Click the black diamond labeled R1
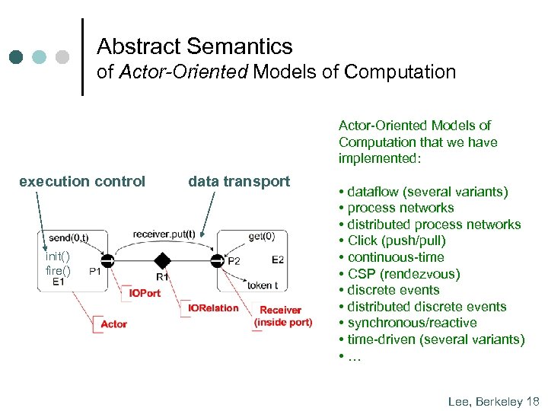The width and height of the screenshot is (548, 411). coord(162,261)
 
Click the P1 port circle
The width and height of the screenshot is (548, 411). coord(108,261)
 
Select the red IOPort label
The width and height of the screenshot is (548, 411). coord(145,293)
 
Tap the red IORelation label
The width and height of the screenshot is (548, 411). coord(214,308)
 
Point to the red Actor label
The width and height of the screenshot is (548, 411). coord(114,324)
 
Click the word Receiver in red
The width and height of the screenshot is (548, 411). coord(280,310)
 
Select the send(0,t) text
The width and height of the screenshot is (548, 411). coord(68,237)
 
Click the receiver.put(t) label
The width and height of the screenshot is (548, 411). coord(163,234)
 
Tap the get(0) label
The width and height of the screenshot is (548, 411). coord(261,236)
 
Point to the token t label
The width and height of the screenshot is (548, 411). coord(262,285)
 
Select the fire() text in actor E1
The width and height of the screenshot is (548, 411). coord(58,270)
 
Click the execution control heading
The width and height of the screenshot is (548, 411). coord(82,181)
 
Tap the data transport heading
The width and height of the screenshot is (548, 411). coord(239,181)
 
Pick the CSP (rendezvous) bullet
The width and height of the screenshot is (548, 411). coord(403,274)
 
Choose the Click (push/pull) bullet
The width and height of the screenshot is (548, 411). coord(397,241)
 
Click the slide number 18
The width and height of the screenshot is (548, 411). coord(532,400)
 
